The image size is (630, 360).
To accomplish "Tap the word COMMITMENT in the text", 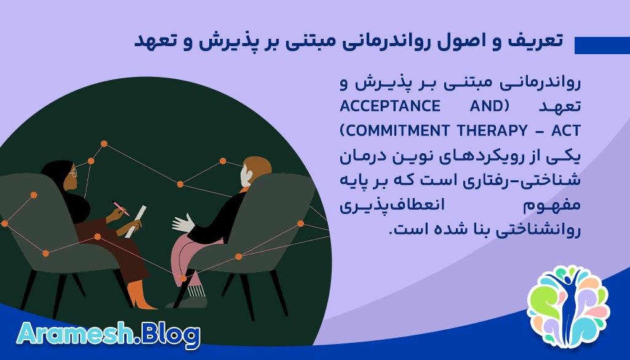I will (x=393, y=130).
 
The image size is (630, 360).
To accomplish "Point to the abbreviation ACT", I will (x=565, y=130).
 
